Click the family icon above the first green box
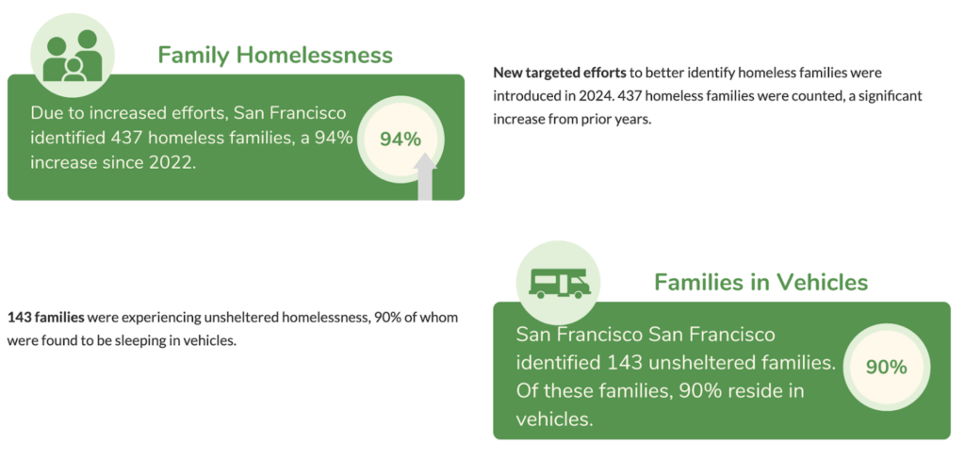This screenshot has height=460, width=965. tap(73, 56)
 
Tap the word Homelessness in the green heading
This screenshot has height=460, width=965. tap(315, 55)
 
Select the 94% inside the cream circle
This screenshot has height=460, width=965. tap(401, 140)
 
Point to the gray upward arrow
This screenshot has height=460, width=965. tap(425, 176)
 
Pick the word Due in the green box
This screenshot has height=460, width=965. tap(47, 113)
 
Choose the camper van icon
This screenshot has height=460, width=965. tap(559, 284)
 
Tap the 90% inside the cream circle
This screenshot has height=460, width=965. tap(886, 367)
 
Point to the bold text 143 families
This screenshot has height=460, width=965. tap(45, 318)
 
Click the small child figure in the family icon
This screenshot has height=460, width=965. tap(74, 70)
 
